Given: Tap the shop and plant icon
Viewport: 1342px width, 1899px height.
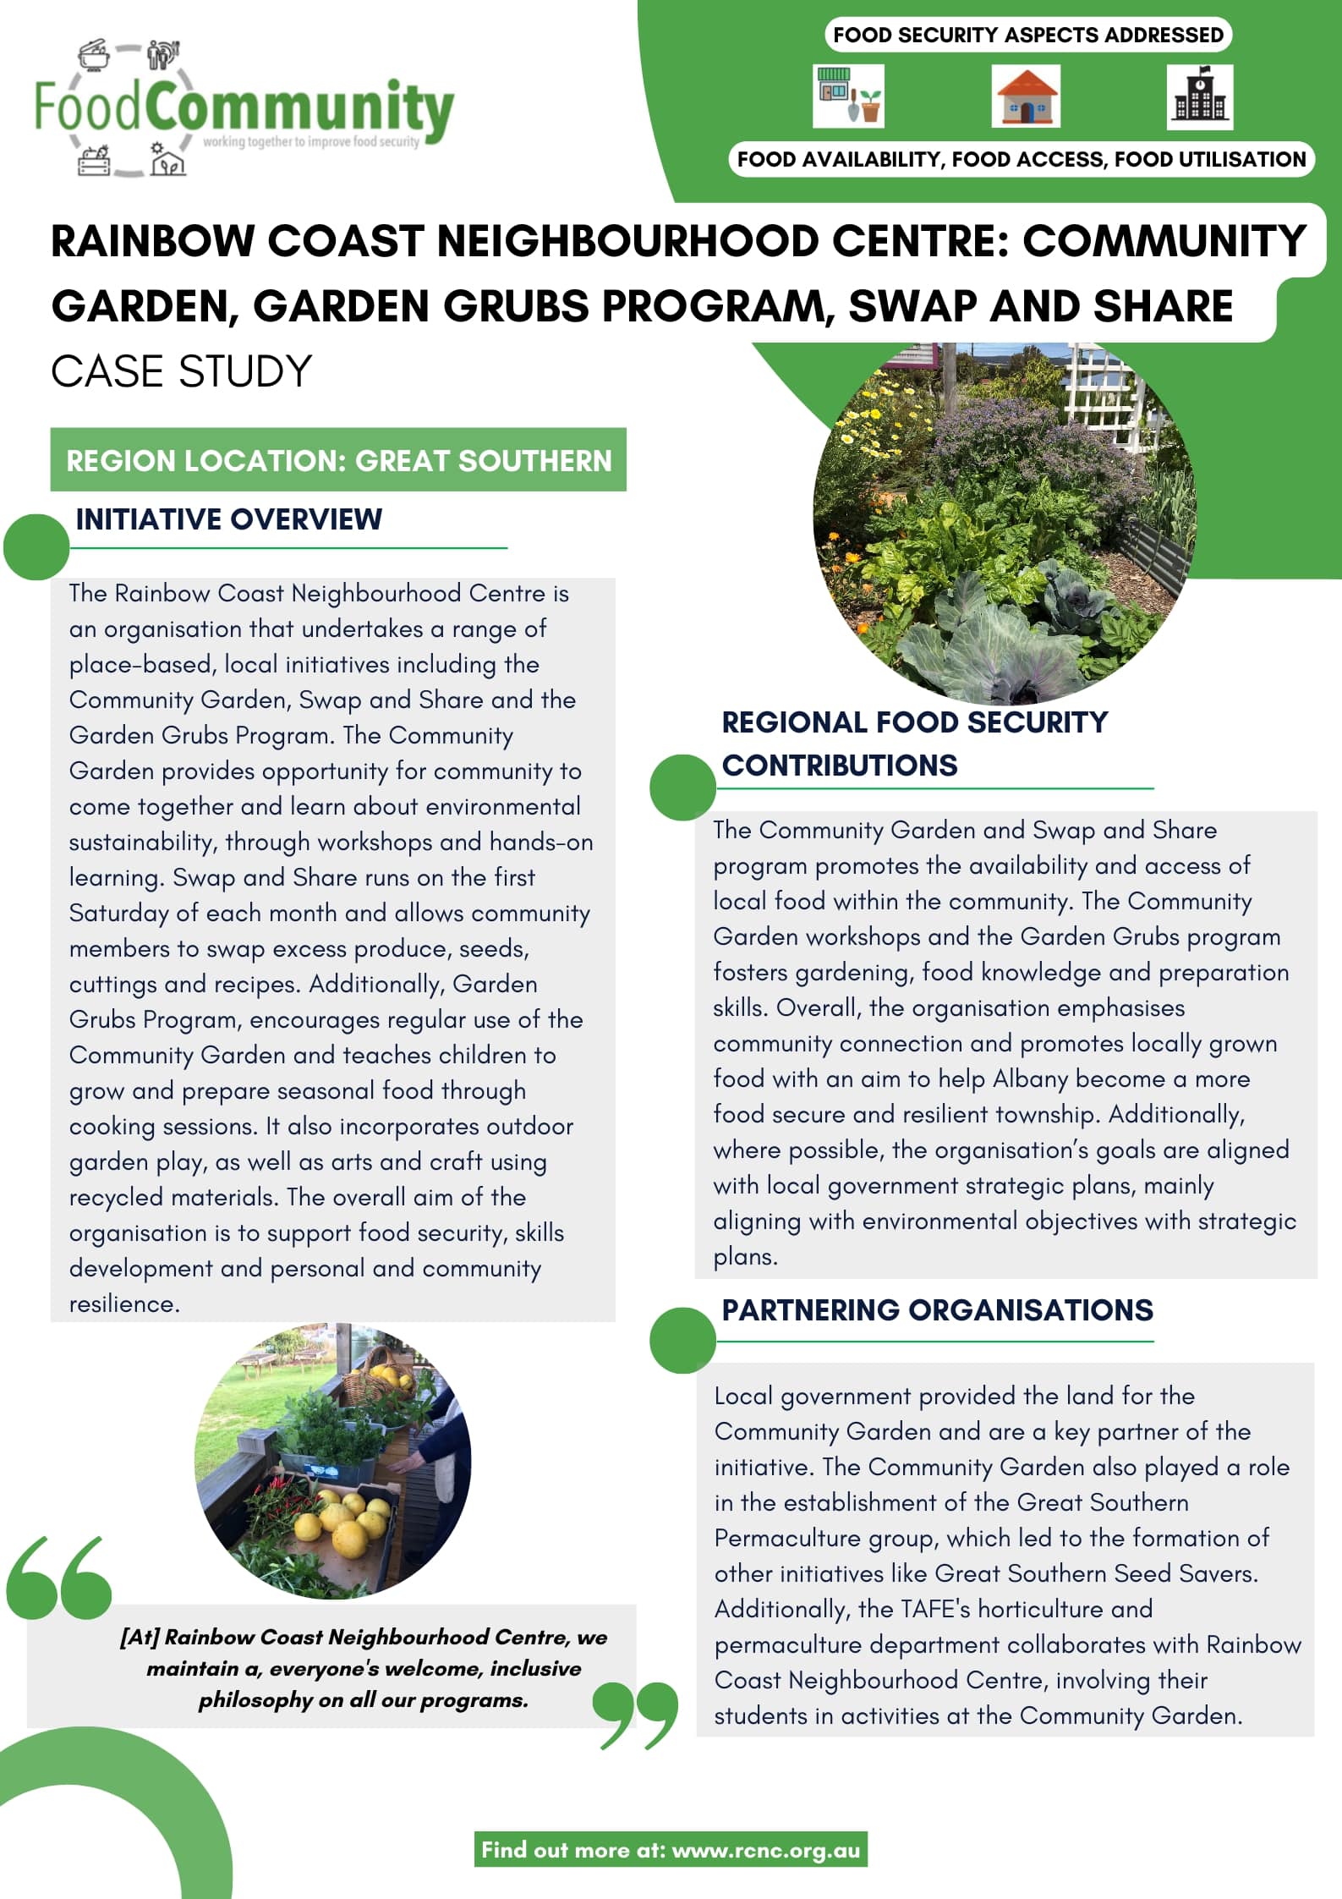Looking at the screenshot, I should pyautogui.click(x=848, y=96).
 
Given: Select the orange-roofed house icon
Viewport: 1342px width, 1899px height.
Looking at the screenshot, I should pyautogui.click(x=1026, y=97).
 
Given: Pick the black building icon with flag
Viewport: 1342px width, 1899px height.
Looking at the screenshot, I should pyautogui.click(x=1199, y=97).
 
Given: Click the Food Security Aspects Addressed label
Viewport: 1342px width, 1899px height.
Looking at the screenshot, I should pyautogui.click(x=1027, y=35).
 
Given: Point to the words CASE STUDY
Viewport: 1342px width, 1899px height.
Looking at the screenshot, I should pyautogui.click(x=181, y=371).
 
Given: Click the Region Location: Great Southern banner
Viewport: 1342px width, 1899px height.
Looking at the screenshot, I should pyautogui.click(x=338, y=460).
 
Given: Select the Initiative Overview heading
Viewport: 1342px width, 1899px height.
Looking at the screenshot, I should pyautogui.click(x=228, y=519).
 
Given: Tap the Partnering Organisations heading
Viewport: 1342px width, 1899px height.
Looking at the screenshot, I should pyautogui.click(x=936, y=1309).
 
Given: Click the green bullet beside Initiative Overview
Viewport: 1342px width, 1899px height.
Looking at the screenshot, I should pyautogui.click(x=36, y=547).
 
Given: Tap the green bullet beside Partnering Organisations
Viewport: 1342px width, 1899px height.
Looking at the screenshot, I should pyautogui.click(x=682, y=1340).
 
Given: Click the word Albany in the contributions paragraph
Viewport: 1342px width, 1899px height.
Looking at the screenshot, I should pyautogui.click(x=1030, y=1078).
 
